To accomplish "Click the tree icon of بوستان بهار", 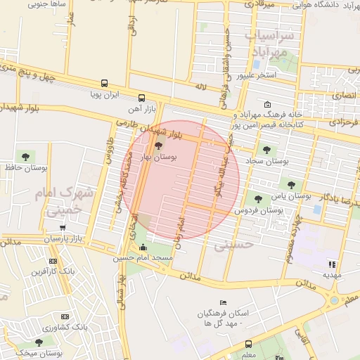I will [x=157, y=146].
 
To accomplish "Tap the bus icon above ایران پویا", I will [x=105, y=82].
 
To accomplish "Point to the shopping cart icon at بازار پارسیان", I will [x=64, y=229].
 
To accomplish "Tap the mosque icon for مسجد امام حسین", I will [x=144, y=247].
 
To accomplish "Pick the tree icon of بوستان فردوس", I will [x=258, y=200].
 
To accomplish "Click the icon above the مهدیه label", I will [x=331, y=264].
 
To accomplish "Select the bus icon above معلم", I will [x=248, y=344].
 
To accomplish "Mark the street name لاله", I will [x=201, y=86].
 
